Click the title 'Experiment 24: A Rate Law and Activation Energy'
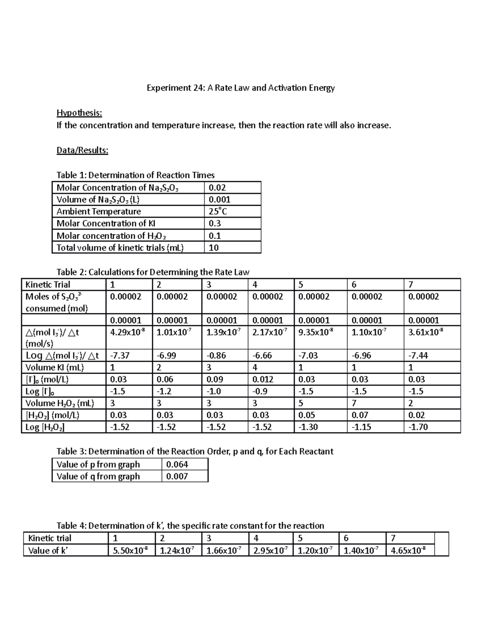click(240, 88)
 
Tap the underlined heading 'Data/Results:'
click(82, 150)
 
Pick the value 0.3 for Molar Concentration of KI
click(215, 223)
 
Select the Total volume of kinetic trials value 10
click(214, 248)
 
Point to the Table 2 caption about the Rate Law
click(153, 272)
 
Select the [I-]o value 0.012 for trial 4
click(263, 379)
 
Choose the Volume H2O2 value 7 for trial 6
click(354, 403)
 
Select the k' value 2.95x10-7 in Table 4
click(270, 550)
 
